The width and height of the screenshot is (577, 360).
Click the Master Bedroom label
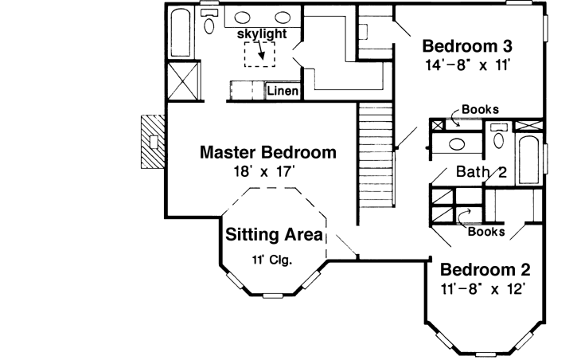(267, 151)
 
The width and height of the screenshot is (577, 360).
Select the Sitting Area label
(273, 235)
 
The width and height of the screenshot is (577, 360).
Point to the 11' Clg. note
(271, 259)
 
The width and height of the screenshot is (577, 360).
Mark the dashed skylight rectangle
(259, 55)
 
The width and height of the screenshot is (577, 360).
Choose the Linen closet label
(283, 92)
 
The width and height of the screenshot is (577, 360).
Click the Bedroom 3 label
(465, 45)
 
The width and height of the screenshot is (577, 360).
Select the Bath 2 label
(481, 172)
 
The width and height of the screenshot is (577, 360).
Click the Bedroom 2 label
(484, 269)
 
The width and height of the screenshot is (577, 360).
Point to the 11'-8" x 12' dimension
(484, 288)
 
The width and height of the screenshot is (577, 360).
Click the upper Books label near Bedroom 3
(480, 110)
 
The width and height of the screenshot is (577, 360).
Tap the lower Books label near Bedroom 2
(485, 232)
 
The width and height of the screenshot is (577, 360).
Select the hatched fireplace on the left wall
(152, 141)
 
